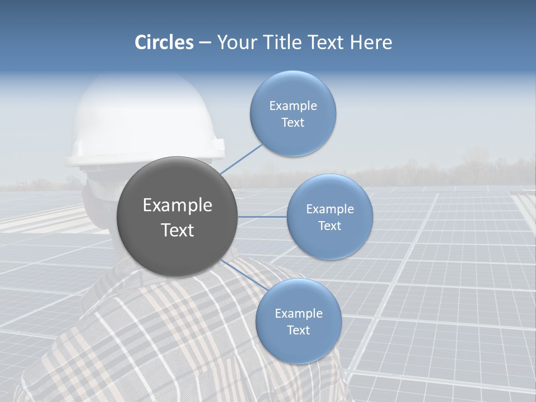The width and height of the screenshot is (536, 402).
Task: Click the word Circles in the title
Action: click(164, 42)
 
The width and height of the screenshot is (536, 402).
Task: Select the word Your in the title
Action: click(236, 42)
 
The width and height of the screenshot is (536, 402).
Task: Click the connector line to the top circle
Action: click(242, 158)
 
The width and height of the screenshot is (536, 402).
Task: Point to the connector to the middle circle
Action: click(262, 217)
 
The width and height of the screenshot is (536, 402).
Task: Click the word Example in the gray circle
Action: click(178, 205)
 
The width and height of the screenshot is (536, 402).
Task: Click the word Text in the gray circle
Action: click(178, 230)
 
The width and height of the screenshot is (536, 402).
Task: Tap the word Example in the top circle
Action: click(293, 106)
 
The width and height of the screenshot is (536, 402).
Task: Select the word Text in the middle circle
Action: click(329, 226)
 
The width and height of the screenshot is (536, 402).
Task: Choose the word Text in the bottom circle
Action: click(298, 330)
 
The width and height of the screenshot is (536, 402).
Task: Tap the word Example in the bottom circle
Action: click(298, 313)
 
